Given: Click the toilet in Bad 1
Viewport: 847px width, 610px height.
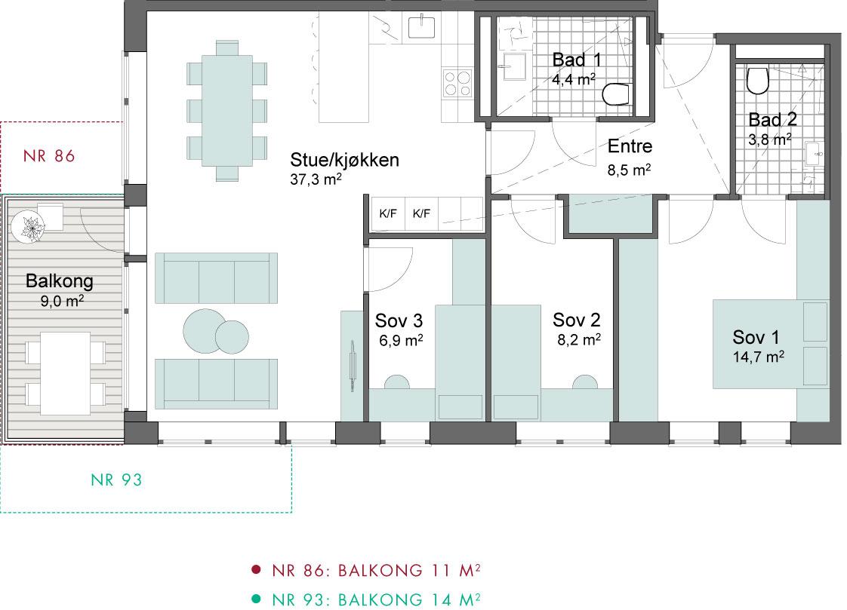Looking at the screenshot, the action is [616, 94].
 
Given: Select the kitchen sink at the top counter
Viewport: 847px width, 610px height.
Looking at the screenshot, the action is [421, 27].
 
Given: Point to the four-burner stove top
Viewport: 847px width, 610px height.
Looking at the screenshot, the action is [457, 84].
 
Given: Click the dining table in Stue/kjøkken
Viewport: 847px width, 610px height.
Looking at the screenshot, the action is [227, 111].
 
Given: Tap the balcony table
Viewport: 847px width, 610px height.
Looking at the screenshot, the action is [66, 373].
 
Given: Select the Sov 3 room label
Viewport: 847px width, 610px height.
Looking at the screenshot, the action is [399, 320].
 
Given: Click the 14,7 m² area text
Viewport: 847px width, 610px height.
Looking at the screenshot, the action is [759, 357].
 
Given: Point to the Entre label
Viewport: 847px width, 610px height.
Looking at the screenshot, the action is [630, 146].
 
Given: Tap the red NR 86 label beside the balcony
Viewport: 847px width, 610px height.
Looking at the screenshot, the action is [49, 156].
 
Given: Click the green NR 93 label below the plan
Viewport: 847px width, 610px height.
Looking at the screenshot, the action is [116, 480].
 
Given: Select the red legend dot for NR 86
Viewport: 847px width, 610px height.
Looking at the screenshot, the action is [256, 569].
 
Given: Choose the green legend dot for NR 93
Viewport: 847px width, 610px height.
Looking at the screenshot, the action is [256, 599].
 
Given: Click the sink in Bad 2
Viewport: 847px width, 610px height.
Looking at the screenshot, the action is [814, 154].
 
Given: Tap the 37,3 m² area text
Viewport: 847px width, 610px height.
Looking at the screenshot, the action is [316, 179].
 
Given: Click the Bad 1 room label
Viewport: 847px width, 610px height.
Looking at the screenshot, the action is [577, 60].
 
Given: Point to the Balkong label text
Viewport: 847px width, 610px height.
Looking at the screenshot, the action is [60, 281].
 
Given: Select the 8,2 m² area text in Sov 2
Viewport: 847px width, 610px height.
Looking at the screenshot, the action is [579, 340].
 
